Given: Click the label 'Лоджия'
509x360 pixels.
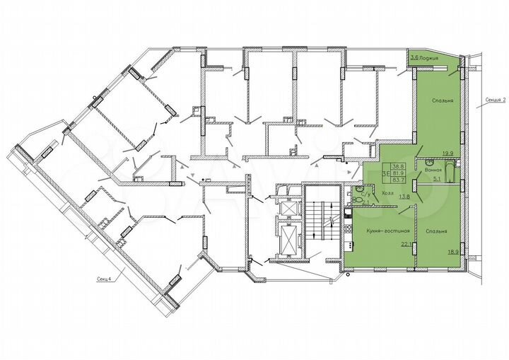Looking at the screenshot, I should coord(430,57).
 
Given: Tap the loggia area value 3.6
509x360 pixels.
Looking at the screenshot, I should coord(414,57).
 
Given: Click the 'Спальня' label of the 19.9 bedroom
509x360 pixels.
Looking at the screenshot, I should coord(443,102).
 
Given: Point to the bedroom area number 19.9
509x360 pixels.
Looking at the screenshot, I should coord(447,153).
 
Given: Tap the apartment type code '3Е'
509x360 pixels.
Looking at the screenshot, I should coord(383,170).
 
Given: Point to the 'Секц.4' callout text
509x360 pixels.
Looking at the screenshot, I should coord(107,278).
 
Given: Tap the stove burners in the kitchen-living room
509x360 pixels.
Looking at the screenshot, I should coord(348,211).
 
